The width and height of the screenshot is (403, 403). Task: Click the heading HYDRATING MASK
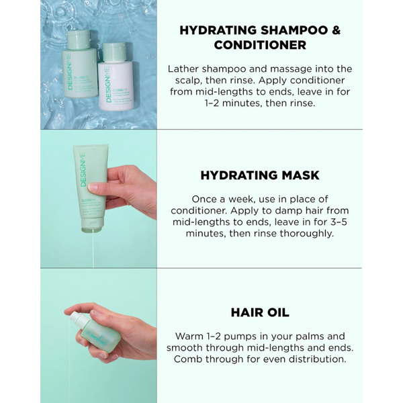point(259,175)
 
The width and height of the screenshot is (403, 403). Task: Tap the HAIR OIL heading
point(259,312)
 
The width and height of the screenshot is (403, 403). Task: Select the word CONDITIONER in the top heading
point(260,45)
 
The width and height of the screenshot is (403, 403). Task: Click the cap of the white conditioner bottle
point(114,51)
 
